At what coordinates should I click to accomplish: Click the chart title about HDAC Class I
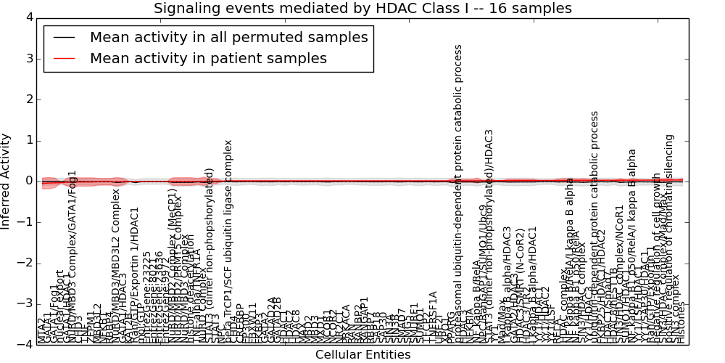(362, 8)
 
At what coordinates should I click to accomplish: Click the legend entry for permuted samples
(228, 38)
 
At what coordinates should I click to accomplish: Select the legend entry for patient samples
(208, 59)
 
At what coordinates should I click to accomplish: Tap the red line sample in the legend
(63, 59)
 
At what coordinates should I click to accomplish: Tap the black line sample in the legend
(63, 38)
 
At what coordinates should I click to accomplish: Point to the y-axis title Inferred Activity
(7, 181)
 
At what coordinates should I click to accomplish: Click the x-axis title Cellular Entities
(362, 354)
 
